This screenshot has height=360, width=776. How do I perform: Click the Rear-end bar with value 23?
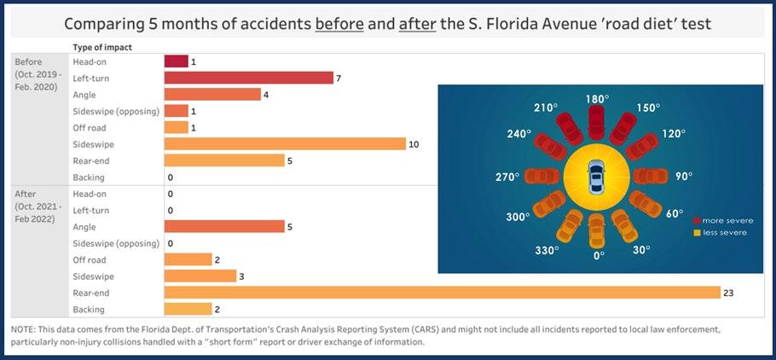[443, 293]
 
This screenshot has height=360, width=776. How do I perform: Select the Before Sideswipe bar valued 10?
[285, 143]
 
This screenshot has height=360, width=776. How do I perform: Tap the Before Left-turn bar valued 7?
[248, 78]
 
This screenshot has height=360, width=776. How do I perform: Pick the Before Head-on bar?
[176, 61]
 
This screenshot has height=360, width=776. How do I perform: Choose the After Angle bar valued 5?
[223, 226]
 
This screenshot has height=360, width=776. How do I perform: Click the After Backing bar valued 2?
[188, 309]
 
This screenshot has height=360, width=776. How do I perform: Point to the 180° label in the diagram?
[597, 99]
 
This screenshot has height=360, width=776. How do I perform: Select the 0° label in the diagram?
[599, 254]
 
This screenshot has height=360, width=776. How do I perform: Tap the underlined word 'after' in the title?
[416, 24]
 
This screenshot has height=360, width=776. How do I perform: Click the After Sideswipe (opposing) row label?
[113, 243]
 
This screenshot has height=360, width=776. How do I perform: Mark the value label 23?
[728, 293]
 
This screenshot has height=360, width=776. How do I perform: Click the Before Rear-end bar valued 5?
[223, 160]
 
